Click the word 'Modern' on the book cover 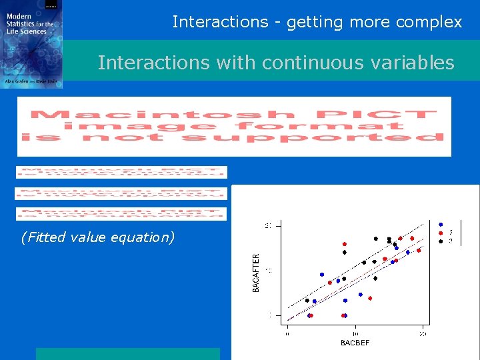pyautogui.click(x=19, y=15)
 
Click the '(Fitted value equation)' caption pyautogui.click(x=97, y=237)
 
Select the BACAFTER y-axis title pyautogui.click(x=256, y=271)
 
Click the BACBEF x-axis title pyautogui.click(x=355, y=343)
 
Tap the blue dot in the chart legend pyautogui.click(x=441, y=225)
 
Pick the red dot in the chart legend pyautogui.click(x=441, y=233)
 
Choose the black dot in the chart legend pyautogui.click(x=441, y=241)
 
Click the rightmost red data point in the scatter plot pyautogui.click(x=419, y=251)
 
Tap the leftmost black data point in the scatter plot pyautogui.click(x=307, y=301)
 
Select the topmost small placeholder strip pyautogui.click(x=121, y=172)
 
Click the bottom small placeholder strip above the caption pyautogui.click(x=121, y=214)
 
